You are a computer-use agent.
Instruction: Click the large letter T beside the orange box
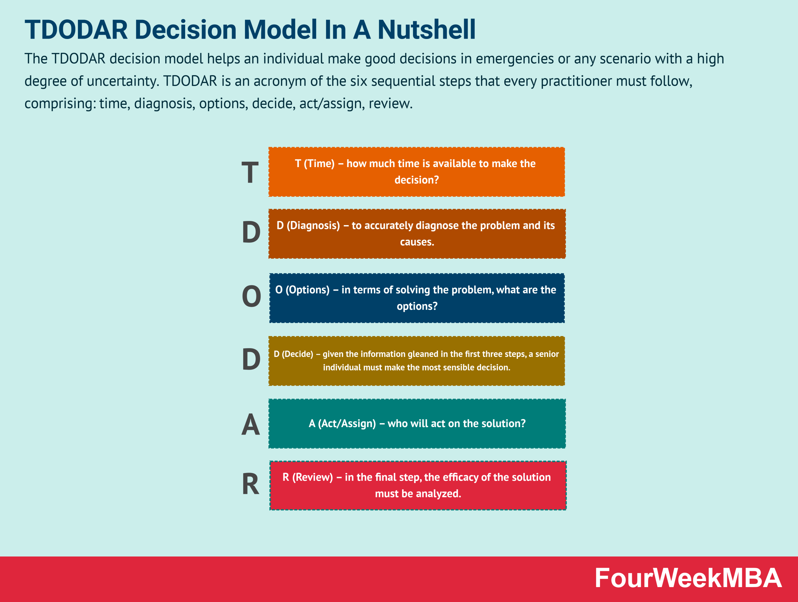250,172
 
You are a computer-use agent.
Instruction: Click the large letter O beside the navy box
252,296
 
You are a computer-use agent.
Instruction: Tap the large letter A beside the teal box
250,424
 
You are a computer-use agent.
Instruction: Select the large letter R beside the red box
251,484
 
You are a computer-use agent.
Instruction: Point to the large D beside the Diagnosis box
251,232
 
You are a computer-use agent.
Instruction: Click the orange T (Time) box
417,172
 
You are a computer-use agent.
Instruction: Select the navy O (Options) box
417,298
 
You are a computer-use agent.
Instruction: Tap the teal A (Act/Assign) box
417,423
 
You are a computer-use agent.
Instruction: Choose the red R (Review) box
418,485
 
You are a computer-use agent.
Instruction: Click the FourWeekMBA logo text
688,578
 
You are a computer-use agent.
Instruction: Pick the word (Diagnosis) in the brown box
313,225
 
